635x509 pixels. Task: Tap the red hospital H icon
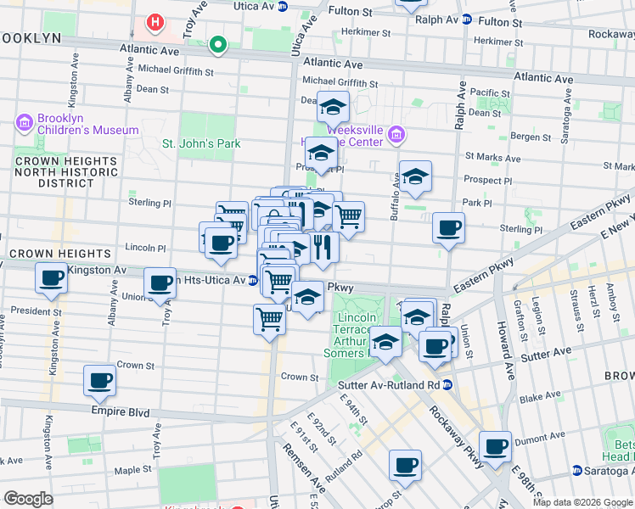[155, 21]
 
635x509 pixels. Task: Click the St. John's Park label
[201, 143]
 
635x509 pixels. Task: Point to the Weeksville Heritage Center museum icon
[396, 134]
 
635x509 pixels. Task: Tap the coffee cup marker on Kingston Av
[51, 277]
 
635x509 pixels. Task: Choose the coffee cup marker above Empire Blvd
[99, 380]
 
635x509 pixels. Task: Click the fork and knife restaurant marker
[323, 247]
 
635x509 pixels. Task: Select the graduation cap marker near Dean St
[334, 107]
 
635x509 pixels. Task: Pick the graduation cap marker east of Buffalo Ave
[415, 176]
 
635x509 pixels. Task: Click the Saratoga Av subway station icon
[576, 470]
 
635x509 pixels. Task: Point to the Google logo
[28, 498]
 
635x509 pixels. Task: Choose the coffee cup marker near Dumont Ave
[495, 446]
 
